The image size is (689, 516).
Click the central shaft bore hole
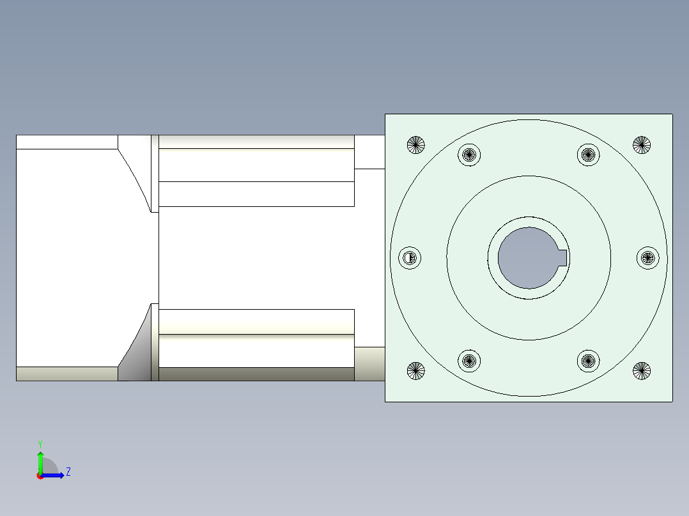coord(527,258)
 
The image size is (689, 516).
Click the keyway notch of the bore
coord(563,258)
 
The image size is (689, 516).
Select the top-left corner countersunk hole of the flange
coord(416,145)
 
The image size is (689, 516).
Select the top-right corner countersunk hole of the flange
coord(642,145)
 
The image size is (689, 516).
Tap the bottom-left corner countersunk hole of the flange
coord(416,370)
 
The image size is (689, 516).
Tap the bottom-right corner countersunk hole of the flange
coord(642,370)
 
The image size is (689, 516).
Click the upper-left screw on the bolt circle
coord(470,155)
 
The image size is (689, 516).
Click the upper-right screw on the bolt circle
coord(589,155)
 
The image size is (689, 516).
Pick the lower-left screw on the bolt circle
coord(470,361)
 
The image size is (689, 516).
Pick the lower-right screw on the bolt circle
coord(589,361)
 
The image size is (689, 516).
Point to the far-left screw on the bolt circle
coord(410,258)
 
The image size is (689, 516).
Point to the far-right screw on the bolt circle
coord(648,258)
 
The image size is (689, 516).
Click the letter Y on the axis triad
coord(40,443)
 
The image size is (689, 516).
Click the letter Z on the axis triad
coord(68,472)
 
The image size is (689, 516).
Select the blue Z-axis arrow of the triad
coord(54,475)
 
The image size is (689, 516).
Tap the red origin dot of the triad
coord(40,476)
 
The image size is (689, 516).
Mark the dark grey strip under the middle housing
coord(256,374)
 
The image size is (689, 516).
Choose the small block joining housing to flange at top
coord(369,151)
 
